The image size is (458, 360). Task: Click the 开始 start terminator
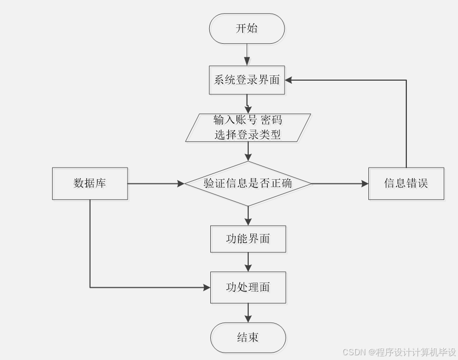click(247, 28)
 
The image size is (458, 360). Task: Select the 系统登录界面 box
click(247, 81)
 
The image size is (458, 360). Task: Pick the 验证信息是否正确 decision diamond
click(248, 183)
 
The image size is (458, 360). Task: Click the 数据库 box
click(90, 183)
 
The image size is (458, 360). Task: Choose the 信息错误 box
click(406, 183)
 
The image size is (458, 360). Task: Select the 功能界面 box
click(248, 239)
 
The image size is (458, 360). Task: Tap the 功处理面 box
click(248, 287)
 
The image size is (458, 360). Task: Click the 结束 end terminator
click(248, 337)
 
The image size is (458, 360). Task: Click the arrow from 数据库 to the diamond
click(155, 183)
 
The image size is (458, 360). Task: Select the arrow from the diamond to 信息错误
click(340, 183)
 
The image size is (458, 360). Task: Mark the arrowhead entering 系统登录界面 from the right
click(289, 80)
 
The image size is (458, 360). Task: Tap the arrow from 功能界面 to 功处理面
click(248, 262)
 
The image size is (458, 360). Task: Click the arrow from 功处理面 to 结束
click(248, 313)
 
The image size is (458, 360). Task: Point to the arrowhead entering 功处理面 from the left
click(206, 287)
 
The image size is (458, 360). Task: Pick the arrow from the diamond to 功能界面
click(248, 216)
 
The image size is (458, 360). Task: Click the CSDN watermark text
click(399, 352)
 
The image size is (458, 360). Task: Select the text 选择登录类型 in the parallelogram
click(247, 134)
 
